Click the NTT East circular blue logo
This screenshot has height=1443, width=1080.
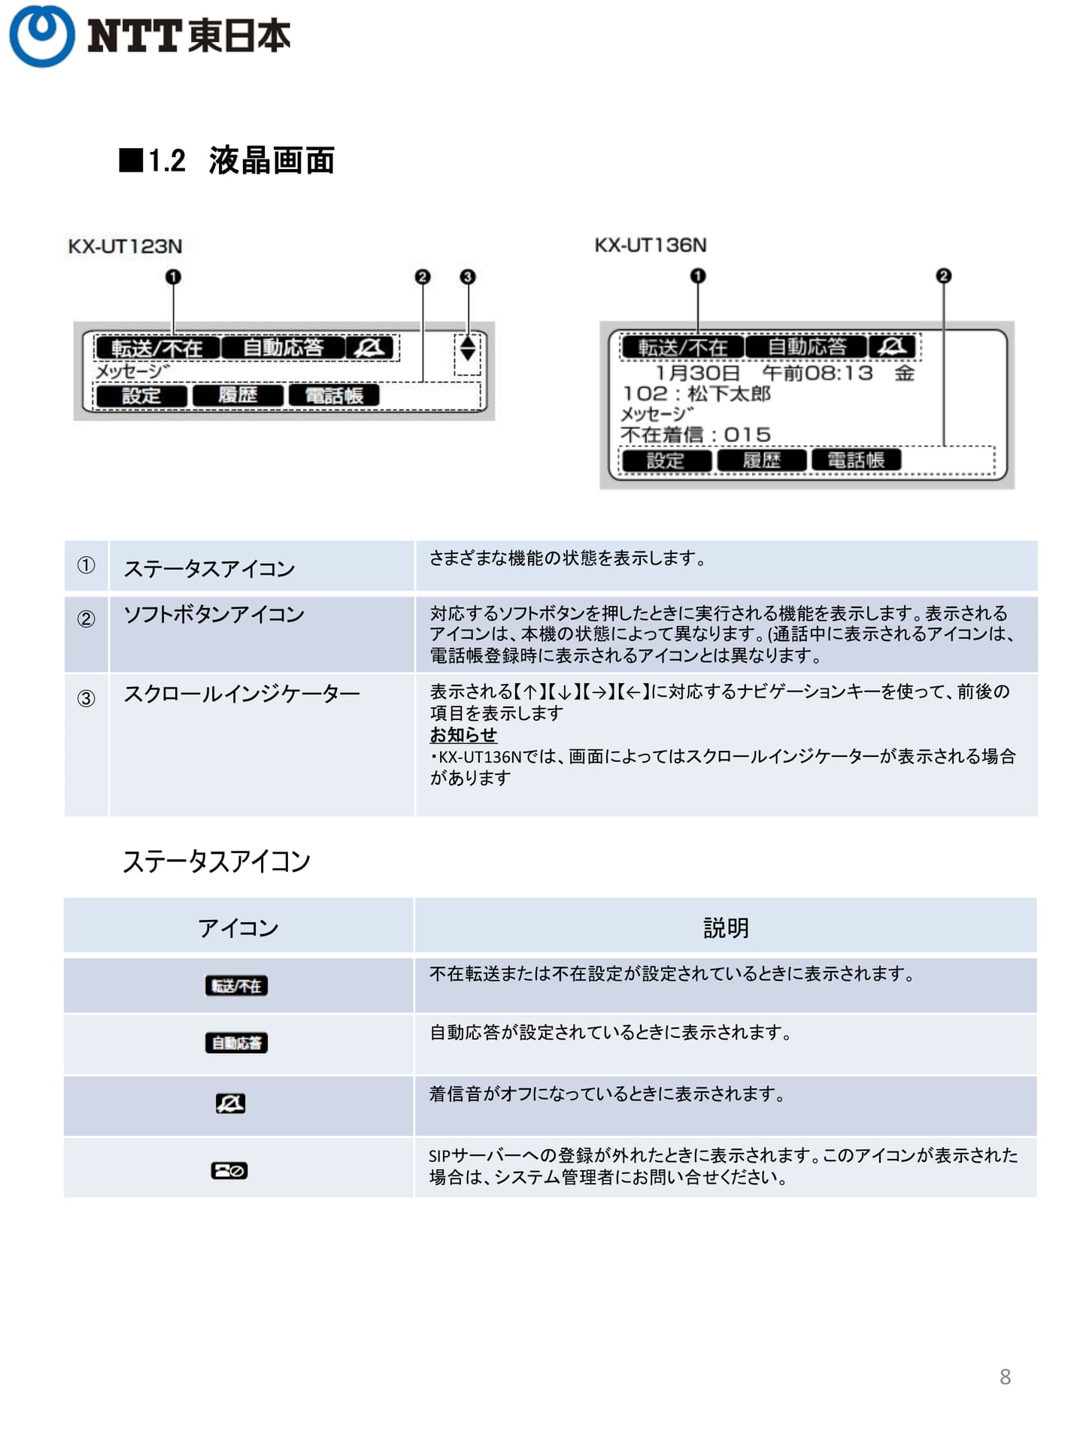point(41,35)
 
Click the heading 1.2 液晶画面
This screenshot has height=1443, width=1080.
point(226,160)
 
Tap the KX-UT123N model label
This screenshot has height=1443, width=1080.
point(125,246)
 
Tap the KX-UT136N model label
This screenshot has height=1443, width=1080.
point(651,245)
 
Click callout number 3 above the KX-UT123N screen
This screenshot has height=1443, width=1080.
point(468,277)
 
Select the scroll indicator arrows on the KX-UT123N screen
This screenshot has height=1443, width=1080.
point(468,348)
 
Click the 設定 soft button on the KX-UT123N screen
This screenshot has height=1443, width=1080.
point(141,395)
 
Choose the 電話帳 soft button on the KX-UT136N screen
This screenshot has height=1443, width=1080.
point(856,460)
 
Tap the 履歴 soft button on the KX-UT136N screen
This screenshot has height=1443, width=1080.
point(762,460)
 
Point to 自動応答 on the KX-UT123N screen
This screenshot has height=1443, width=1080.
point(284,347)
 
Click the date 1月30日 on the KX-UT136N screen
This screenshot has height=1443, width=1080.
point(697,373)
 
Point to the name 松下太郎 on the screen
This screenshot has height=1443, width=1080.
point(729,393)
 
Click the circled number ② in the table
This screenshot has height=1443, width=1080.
point(86,619)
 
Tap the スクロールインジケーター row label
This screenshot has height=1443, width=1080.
point(241,693)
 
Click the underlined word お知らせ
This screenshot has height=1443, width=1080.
point(463,734)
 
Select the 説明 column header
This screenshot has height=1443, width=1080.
point(726,927)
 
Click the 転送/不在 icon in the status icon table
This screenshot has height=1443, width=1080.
point(236,985)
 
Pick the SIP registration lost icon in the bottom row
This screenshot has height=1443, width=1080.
point(229,1170)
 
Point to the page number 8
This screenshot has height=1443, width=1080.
point(1005,1377)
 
